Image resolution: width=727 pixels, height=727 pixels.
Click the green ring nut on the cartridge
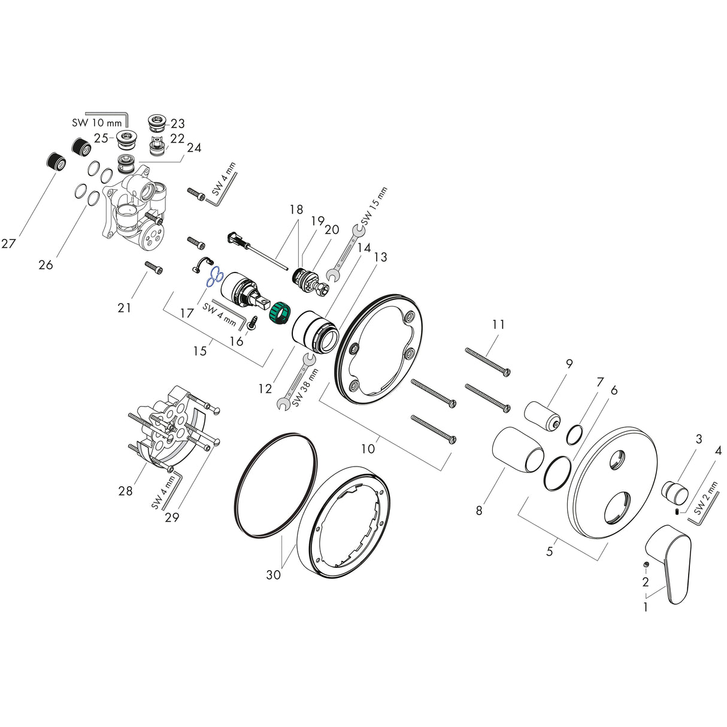(278, 314)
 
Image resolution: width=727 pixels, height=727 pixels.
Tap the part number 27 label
(8, 244)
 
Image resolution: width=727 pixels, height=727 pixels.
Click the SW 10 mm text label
(97, 123)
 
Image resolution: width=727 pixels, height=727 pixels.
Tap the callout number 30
(274, 575)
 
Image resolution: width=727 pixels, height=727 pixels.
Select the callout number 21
(125, 308)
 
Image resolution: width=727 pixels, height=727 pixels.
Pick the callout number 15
(199, 350)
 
